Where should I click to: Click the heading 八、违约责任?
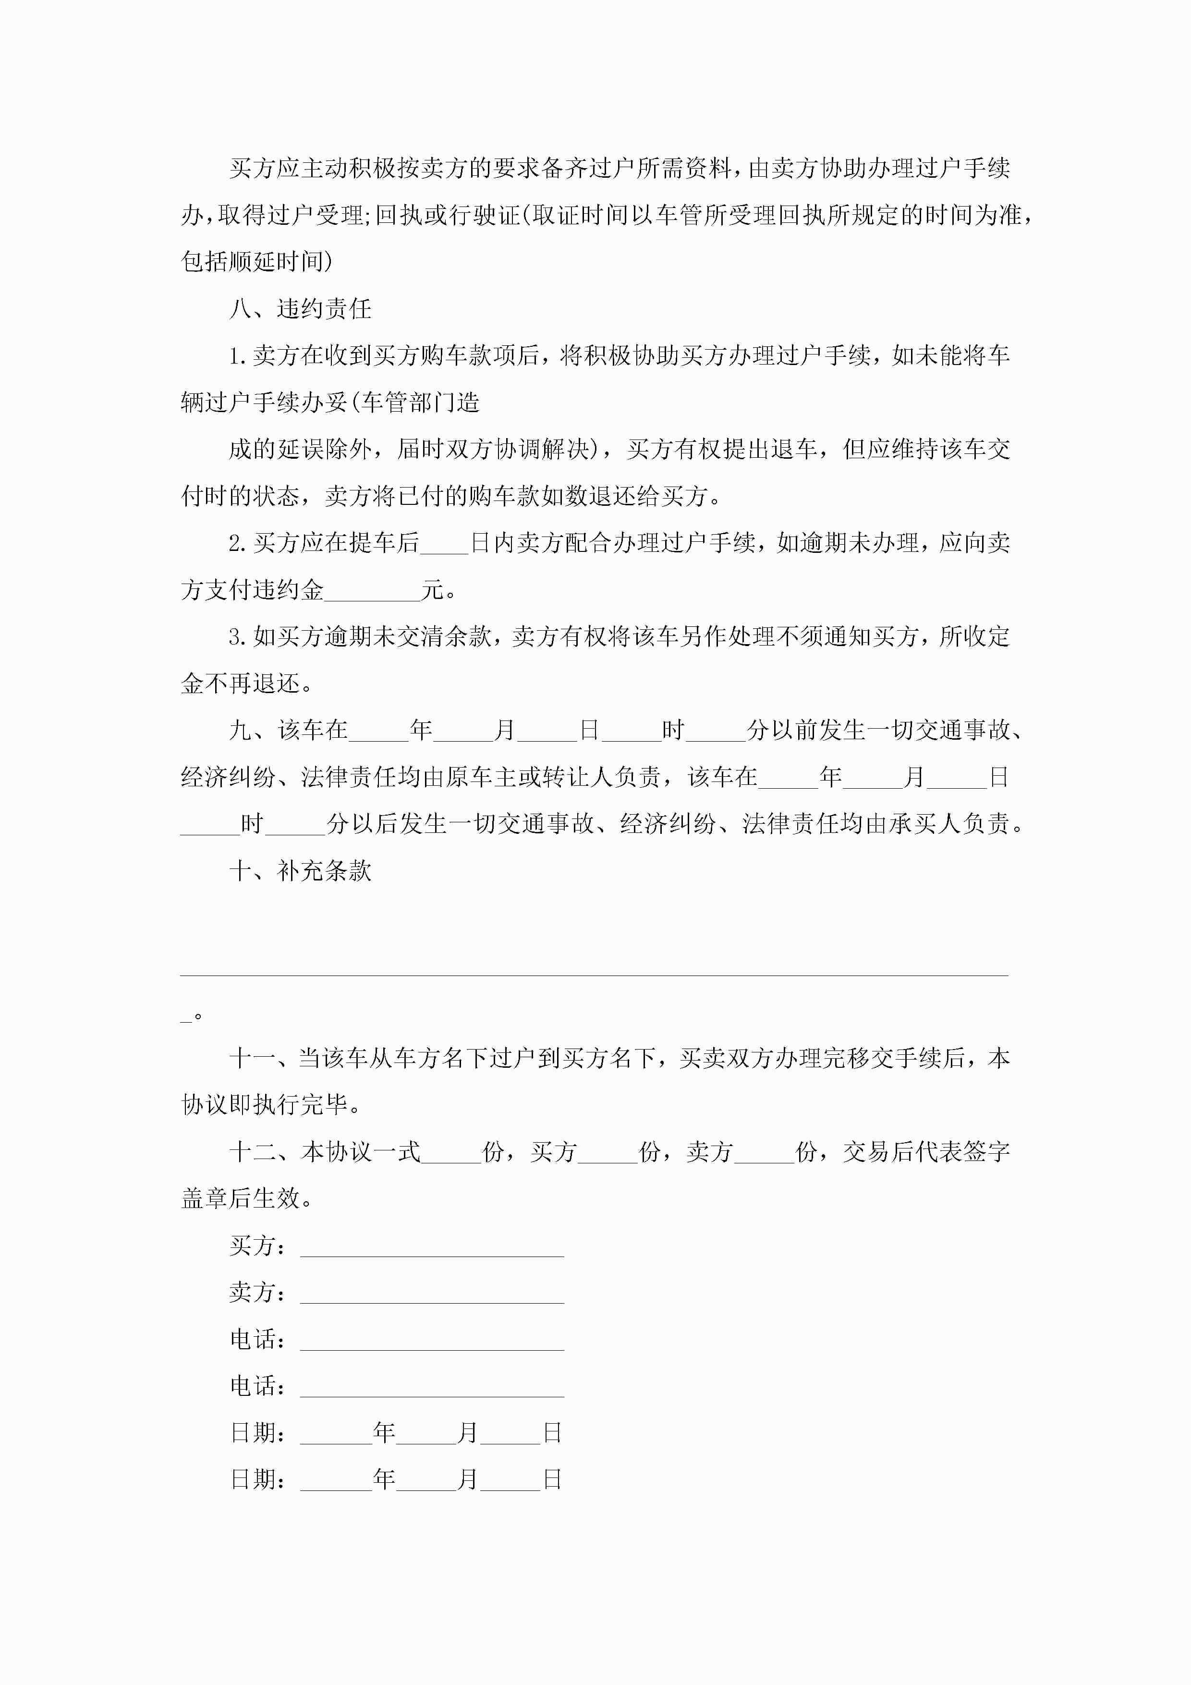pyautogui.click(x=300, y=309)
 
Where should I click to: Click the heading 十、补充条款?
pyautogui.click(x=300, y=871)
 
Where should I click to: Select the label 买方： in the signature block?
pyautogui.click(x=257, y=1246)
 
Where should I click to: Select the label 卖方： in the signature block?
pyautogui.click(x=257, y=1293)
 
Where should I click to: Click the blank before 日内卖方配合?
pyautogui.click(x=444, y=544)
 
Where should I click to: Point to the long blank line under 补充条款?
pyautogui.click(x=595, y=973)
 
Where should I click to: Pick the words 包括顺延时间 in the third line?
pyautogui.click(x=253, y=262)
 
